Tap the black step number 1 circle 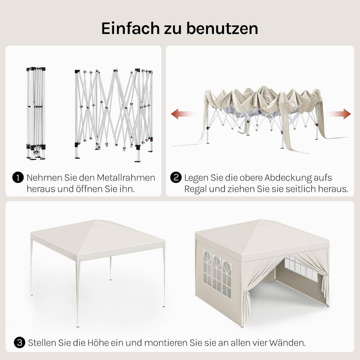pyautogui.click(x=18, y=178)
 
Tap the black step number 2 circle pyautogui.click(x=176, y=178)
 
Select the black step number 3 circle pyautogui.click(x=19, y=343)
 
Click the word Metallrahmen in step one pyautogui.click(x=126, y=178)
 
